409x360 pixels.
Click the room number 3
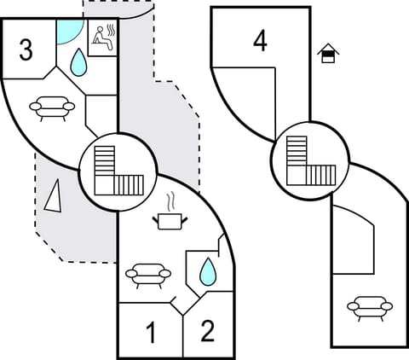tap(26, 50)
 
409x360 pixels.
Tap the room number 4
tap(260, 41)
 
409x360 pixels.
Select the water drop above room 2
tap(207, 272)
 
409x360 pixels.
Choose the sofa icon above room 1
tap(147, 274)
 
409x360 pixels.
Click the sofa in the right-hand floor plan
tap(368, 305)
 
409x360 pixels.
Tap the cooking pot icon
tap(171, 221)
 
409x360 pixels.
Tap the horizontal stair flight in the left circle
tap(126, 184)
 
